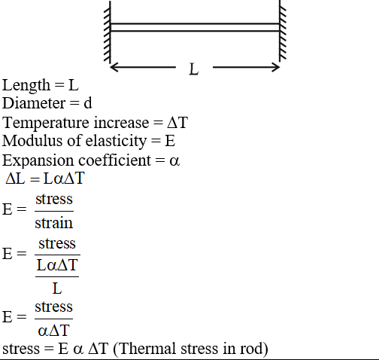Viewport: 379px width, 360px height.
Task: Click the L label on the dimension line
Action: (x=194, y=69)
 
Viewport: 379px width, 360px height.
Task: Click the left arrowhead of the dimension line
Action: (x=114, y=67)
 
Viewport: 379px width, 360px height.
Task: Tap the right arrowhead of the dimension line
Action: (x=276, y=67)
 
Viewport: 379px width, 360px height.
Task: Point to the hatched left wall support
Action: (x=108, y=32)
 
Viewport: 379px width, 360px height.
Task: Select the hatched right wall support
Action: (x=283, y=31)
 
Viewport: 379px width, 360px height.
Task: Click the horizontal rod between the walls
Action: (x=195, y=27)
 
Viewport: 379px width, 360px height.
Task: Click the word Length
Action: (x=26, y=86)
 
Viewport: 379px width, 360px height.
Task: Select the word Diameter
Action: (x=33, y=103)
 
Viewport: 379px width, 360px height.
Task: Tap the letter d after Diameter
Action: (x=88, y=103)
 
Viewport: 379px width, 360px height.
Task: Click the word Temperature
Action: (x=46, y=123)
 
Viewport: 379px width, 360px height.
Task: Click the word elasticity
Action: (x=116, y=141)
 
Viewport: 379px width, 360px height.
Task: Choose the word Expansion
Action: (x=38, y=160)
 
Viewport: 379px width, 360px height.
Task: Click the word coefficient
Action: (x=115, y=160)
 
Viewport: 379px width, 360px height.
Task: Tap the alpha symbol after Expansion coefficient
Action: (x=174, y=161)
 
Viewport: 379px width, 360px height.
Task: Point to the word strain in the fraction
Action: (x=54, y=223)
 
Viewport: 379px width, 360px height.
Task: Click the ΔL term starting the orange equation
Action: (x=15, y=178)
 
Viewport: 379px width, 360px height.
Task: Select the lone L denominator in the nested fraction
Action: (x=57, y=288)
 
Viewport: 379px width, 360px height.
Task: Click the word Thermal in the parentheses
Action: (x=147, y=349)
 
